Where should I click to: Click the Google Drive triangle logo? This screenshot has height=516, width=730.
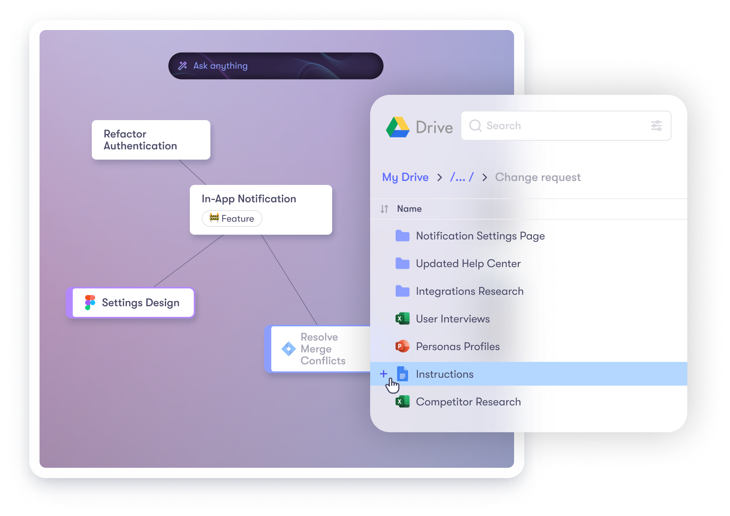[x=398, y=127]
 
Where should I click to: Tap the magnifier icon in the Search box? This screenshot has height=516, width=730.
[x=475, y=126]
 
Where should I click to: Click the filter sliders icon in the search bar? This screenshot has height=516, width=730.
[x=656, y=126]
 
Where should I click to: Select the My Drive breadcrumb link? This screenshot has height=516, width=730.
[x=405, y=177]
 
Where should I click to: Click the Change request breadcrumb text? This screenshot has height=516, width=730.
[x=537, y=177]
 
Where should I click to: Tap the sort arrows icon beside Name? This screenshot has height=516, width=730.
[x=384, y=209]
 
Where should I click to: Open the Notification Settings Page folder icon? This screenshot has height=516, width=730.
[x=403, y=236]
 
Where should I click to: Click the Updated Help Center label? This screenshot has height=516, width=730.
[x=468, y=264]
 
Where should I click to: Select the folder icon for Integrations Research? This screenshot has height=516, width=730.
[x=403, y=291]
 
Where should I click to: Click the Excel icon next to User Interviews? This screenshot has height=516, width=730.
[x=402, y=318]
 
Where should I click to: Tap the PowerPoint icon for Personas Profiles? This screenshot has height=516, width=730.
[x=402, y=347]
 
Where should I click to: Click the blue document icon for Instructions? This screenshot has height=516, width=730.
[x=402, y=374]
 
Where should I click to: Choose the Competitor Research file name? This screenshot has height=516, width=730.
[x=468, y=402]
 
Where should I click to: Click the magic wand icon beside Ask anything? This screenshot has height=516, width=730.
[x=183, y=66]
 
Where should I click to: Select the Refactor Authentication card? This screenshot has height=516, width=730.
[x=151, y=140]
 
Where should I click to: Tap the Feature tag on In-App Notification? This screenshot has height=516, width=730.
[x=232, y=218]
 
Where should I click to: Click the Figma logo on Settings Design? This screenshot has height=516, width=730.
[x=90, y=303]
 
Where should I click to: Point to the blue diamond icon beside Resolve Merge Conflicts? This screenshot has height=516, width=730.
[x=289, y=349]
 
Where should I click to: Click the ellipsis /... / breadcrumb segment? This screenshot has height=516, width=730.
[x=461, y=177]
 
